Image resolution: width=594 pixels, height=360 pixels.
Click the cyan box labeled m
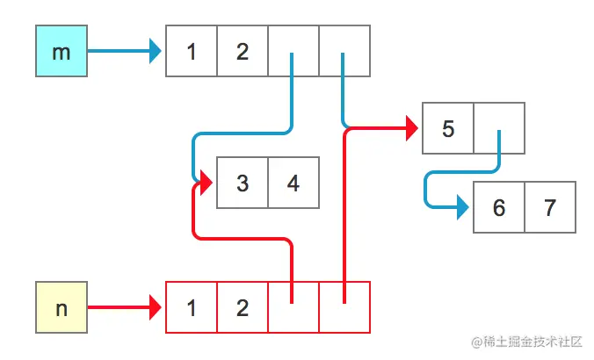pyautogui.click(x=62, y=51)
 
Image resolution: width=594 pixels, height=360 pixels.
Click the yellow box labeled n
pyautogui.click(x=62, y=307)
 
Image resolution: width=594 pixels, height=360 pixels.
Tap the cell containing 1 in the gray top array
pyautogui.click(x=192, y=51)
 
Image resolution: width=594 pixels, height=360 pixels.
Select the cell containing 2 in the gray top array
pyautogui.click(x=243, y=51)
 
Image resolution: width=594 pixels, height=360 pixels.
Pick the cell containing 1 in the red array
pyautogui.click(x=192, y=307)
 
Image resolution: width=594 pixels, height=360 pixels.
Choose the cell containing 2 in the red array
pyautogui.click(x=243, y=307)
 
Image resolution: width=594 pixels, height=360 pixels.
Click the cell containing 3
pyautogui.click(x=243, y=183)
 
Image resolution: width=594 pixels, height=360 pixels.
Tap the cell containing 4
pyautogui.click(x=293, y=183)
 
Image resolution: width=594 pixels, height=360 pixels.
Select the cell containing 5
pyautogui.click(x=448, y=129)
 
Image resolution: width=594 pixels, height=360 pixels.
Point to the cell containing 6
pyautogui.click(x=499, y=208)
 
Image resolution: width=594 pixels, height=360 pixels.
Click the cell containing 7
pyautogui.click(x=550, y=208)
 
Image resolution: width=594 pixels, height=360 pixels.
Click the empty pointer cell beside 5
pyautogui.click(x=499, y=129)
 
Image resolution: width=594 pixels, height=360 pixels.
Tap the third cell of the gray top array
pyautogui.click(x=293, y=51)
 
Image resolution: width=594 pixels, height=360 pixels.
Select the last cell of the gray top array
pyautogui.click(x=344, y=51)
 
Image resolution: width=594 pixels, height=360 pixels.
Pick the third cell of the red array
pyautogui.click(x=293, y=307)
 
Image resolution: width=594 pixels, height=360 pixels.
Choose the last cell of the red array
pyautogui.click(x=344, y=307)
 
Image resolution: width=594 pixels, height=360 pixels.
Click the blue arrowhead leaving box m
pyautogui.click(x=156, y=51)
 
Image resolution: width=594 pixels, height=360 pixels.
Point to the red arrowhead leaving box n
pyautogui.click(x=156, y=307)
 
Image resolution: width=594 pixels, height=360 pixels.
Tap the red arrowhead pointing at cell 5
pyautogui.click(x=412, y=129)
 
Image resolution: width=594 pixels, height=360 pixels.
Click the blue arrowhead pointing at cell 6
pyautogui.click(x=463, y=208)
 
